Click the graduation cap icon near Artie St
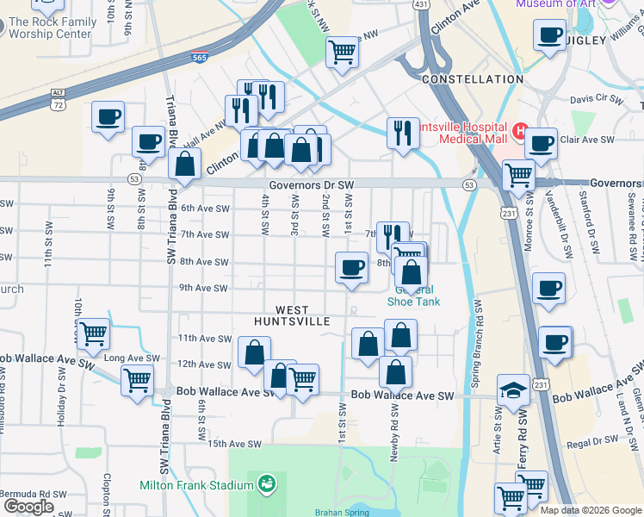(x=514, y=390)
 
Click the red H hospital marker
(x=518, y=132)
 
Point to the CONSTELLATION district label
(x=473, y=79)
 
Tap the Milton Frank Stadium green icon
(x=266, y=485)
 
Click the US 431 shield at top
(x=421, y=5)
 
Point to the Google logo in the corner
(x=28, y=507)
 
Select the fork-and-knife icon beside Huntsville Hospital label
(x=402, y=133)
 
